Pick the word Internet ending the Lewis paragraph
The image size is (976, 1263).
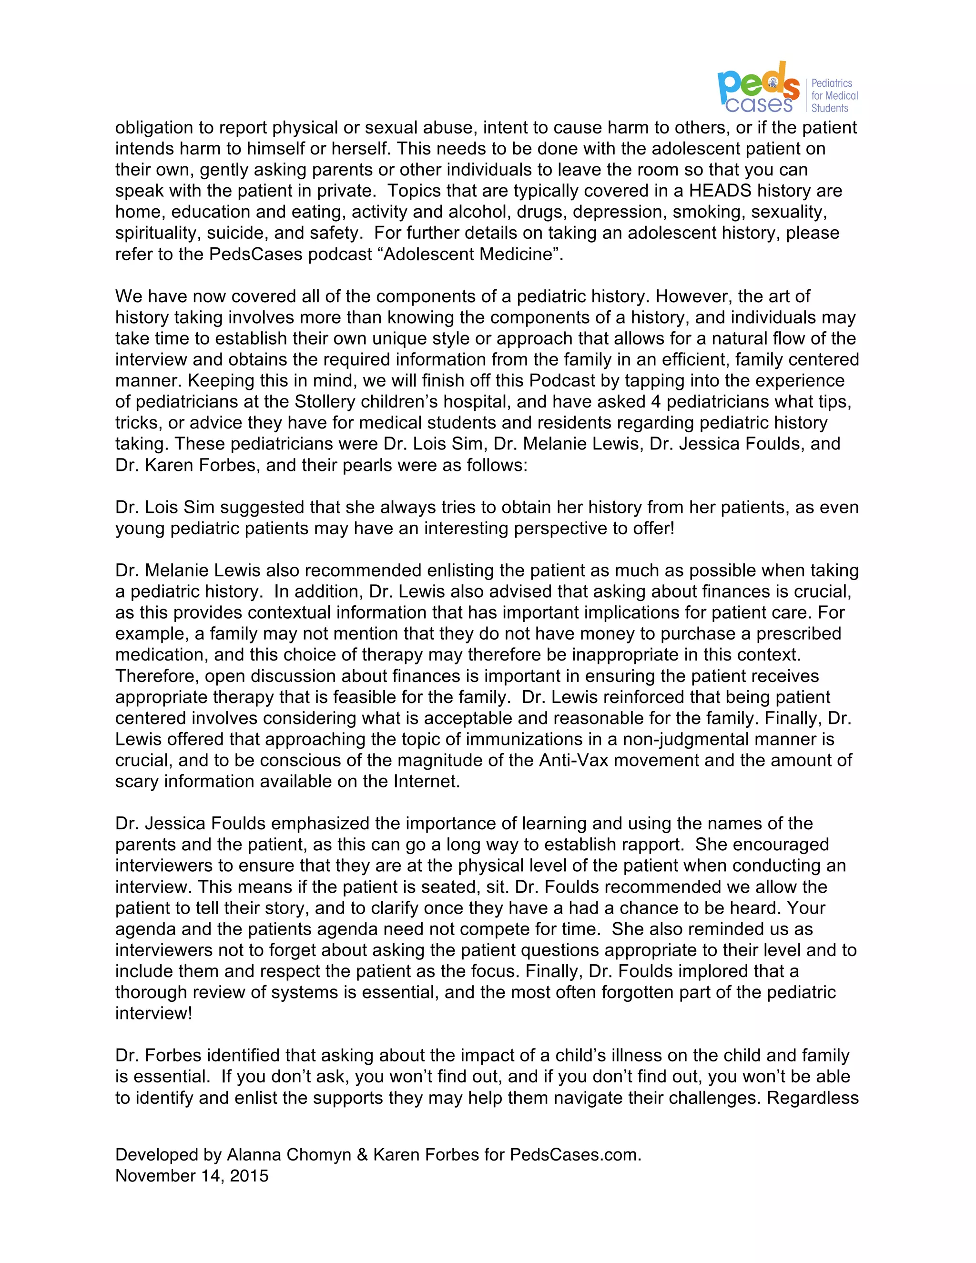point(426,781)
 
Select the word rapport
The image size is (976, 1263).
point(653,845)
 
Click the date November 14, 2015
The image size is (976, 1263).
point(192,1176)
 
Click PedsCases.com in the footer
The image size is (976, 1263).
point(574,1155)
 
